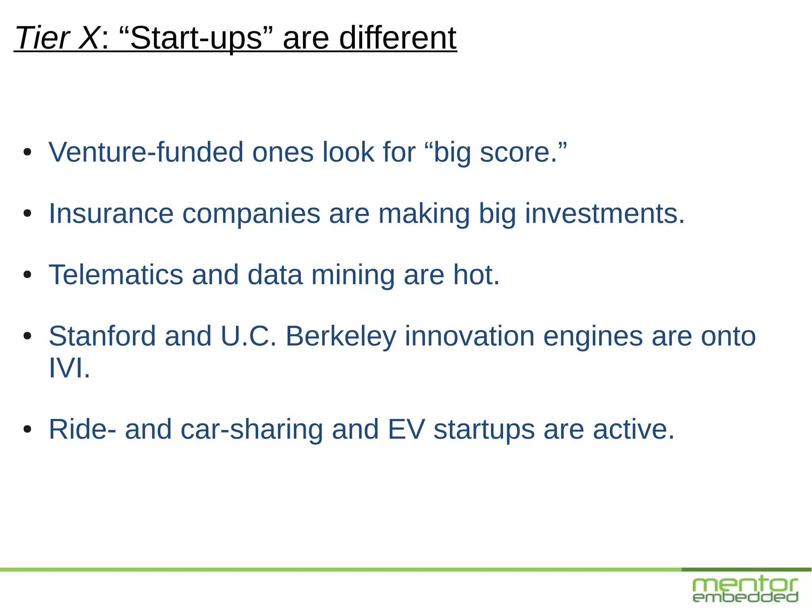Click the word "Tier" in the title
[42, 38]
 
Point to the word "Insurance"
[111, 214]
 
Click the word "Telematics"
[116, 275]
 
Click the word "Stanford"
[102, 336]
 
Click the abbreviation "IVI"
[66, 368]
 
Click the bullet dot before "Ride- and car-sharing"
[27, 429]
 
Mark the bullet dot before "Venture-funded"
[27, 152]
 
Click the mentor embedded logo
[745, 590]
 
